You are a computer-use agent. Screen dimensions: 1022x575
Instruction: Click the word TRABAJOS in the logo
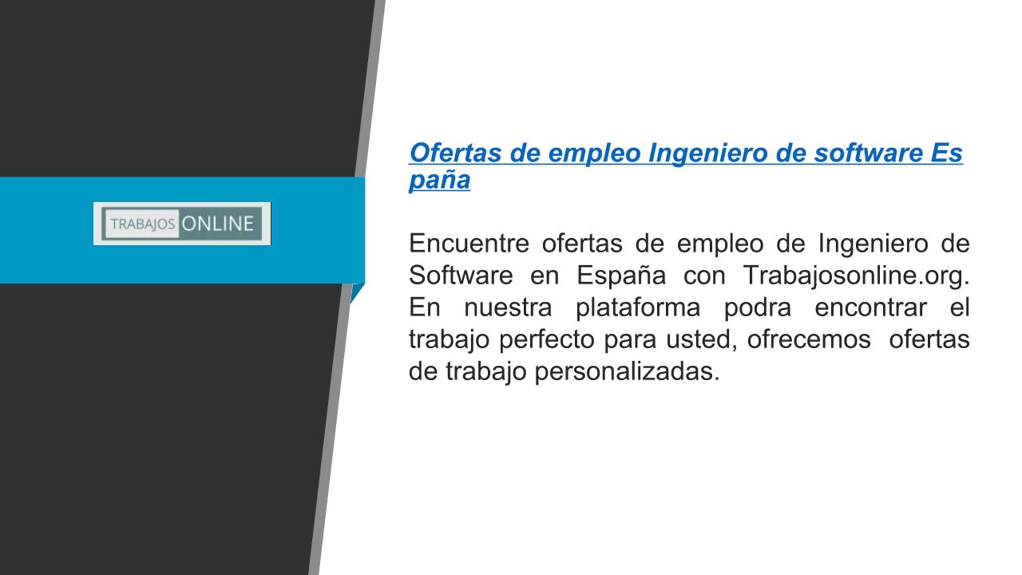[x=143, y=224]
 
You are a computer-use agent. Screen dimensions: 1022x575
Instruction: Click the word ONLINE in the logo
[x=218, y=224]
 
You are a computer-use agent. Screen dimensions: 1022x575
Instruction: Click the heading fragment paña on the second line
[x=439, y=180]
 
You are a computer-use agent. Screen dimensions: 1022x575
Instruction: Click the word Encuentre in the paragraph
[x=469, y=244]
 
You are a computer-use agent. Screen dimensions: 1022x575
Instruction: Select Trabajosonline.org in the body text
[x=856, y=276]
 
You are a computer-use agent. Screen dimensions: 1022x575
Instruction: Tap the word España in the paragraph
[x=621, y=276]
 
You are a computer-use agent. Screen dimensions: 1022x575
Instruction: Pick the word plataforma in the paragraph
[x=638, y=307]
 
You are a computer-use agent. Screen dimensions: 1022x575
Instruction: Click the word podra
[x=758, y=307]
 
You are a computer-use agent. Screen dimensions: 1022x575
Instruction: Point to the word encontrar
[x=870, y=308]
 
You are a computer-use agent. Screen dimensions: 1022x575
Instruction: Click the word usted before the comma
[x=699, y=339]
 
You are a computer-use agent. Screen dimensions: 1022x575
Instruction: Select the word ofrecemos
[x=809, y=339]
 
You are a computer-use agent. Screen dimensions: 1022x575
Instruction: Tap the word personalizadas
[x=627, y=372]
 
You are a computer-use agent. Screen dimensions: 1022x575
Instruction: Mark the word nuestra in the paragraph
[x=508, y=308]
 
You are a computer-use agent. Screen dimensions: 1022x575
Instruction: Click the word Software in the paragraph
[x=461, y=276]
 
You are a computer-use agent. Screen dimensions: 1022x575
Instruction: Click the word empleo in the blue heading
[x=594, y=154]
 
